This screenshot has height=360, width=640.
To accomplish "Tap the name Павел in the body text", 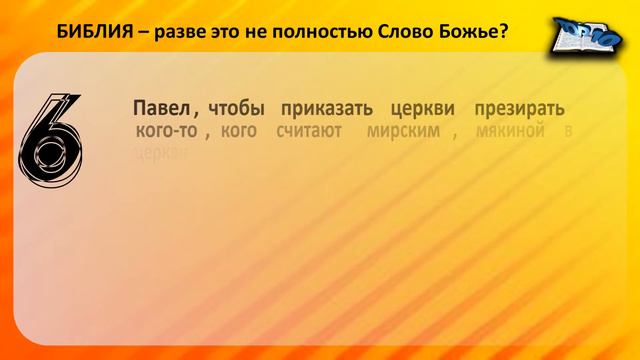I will coord(156,108).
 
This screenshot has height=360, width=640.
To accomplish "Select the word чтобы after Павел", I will coord(236,108).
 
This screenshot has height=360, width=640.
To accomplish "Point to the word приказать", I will coord(325,108).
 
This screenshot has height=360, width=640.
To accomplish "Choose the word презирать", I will coord(520,108).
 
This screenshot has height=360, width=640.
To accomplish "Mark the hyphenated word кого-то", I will coord(165,133).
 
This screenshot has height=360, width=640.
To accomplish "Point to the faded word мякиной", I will coord(511,133).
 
